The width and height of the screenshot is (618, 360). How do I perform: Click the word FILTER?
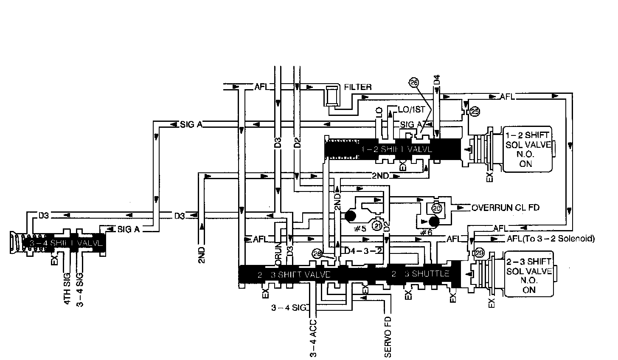[358, 87]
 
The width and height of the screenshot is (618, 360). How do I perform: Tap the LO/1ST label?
[411, 110]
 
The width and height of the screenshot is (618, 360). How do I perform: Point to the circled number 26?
[414, 83]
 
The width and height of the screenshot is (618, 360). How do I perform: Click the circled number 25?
[475, 112]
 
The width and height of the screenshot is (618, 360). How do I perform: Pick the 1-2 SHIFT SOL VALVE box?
[528, 149]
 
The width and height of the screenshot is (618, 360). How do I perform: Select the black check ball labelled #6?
[433, 221]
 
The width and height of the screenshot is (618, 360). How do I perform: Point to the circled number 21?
[377, 225]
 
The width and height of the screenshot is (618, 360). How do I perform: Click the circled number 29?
[479, 253]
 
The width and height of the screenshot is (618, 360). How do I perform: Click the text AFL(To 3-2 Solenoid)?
[551, 239]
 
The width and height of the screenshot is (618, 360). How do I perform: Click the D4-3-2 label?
[364, 250]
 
